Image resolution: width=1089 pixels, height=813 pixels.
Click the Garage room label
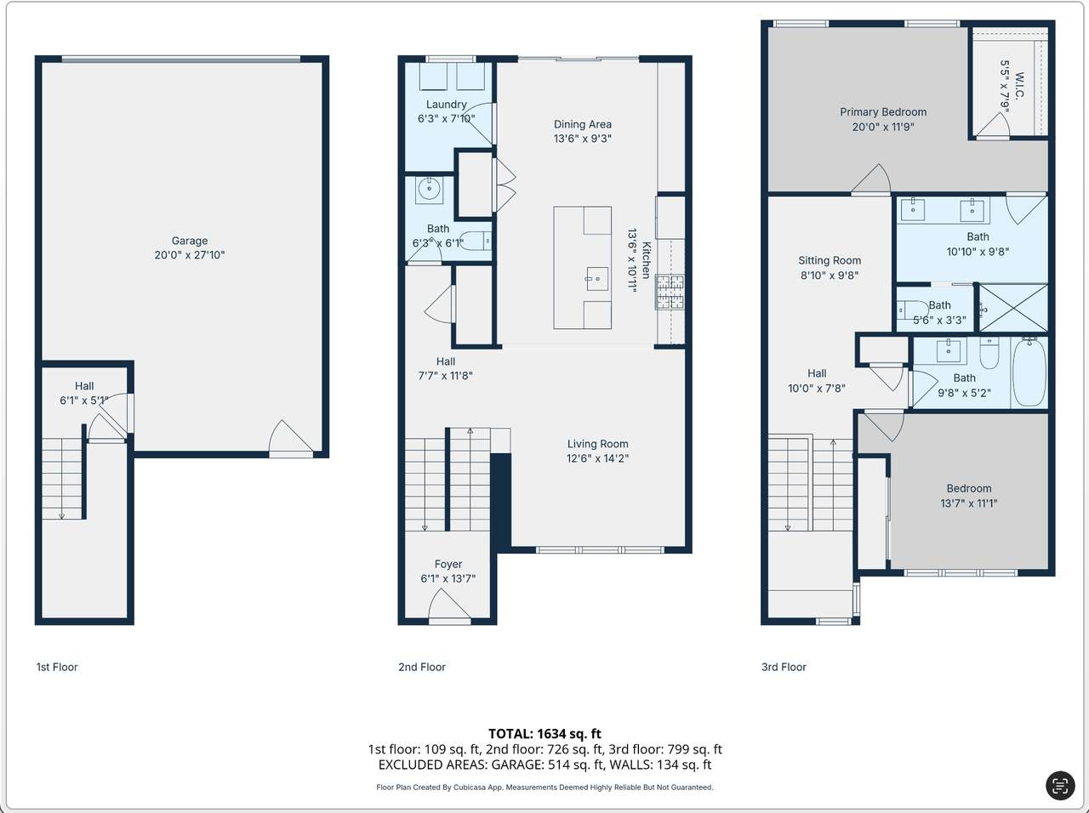[x=190, y=241]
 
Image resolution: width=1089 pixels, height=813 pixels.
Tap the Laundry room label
[x=446, y=105]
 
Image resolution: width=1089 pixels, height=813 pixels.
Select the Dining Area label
[x=583, y=124]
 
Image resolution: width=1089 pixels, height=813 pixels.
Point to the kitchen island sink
[x=597, y=279]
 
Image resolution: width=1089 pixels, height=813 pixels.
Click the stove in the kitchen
[x=670, y=292]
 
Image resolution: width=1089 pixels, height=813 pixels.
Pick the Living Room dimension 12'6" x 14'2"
[x=597, y=458]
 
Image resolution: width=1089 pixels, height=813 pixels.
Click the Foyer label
[x=448, y=564]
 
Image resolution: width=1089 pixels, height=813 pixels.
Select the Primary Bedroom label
[x=883, y=112]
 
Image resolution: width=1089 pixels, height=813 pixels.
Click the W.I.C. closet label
[x=1019, y=86]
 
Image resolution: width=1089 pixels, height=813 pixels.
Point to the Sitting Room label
[x=830, y=261]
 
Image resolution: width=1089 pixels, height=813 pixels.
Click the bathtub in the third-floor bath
[x=1029, y=372]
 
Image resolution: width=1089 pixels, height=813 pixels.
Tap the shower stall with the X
[x=1013, y=308]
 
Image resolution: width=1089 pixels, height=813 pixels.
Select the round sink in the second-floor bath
[x=428, y=189]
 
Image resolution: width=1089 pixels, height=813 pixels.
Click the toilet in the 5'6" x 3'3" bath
[x=912, y=310]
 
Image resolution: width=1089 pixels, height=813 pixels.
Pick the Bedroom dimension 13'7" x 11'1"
[x=968, y=503]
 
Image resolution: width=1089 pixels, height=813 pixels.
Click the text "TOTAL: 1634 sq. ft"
[x=544, y=734]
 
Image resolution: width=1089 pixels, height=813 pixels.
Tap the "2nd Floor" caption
[x=422, y=668]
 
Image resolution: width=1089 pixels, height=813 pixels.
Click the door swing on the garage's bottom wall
[x=291, y=437]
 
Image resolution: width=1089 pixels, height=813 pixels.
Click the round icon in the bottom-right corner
[x=1060, y=786]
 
